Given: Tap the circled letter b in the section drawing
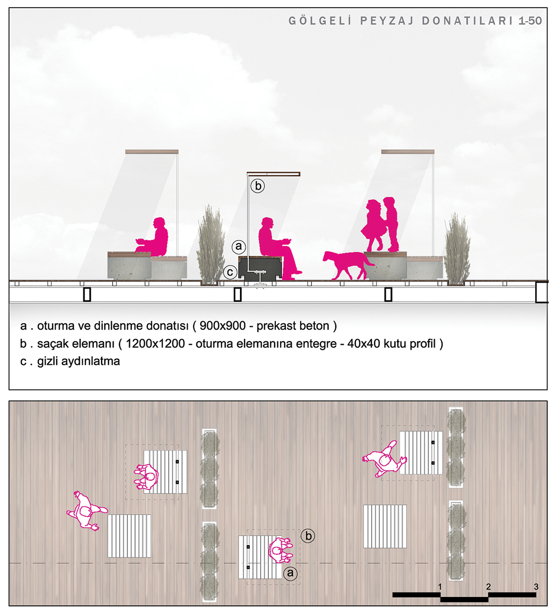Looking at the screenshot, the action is tap(258, 185).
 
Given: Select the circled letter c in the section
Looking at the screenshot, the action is tap(230, 272).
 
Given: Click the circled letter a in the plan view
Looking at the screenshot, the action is tap(290, 573).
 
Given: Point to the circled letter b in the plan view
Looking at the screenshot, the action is tap(308, 535).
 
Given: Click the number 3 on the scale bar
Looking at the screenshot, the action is tap(536, 586).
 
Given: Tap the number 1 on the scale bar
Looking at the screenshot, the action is tap(440, 586).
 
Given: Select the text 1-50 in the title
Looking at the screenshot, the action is tap(530, 21).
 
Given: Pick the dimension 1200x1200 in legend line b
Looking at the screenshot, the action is tap(156, 343).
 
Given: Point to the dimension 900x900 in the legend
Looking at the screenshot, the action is tap(223, 326).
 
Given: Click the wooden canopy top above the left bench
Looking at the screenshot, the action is tap(152, 152).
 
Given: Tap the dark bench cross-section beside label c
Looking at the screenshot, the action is tap(260, 268).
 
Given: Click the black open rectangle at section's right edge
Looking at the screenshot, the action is tap(542, 292).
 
